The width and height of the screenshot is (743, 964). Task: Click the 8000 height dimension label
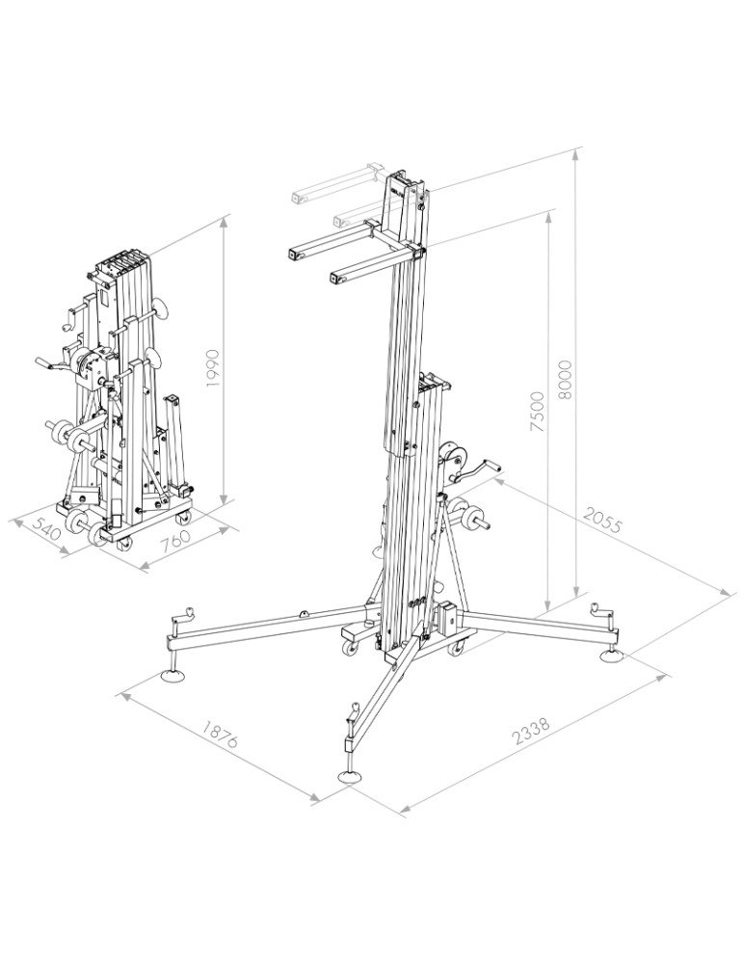[565, 380]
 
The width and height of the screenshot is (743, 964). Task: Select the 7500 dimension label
[537, 411]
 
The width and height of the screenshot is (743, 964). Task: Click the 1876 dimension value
[220, 734]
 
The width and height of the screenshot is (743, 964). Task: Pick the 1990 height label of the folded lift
[212, 367]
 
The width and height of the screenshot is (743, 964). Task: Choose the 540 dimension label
[46, 528]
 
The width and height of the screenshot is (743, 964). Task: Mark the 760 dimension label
[175, 541]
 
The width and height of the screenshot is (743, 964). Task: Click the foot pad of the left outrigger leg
[173, 677]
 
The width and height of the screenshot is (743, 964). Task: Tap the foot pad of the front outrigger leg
[350, 775]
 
